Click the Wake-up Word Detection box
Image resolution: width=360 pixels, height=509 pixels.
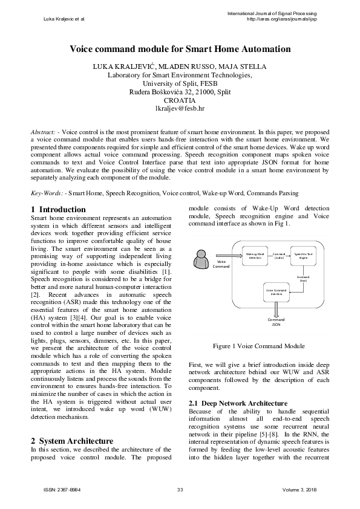coord(254,256)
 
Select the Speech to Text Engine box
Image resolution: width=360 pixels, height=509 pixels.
coord(303,256)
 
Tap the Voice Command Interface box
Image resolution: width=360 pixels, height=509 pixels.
coord(276,292)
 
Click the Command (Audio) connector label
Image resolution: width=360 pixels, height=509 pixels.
coord(279,256)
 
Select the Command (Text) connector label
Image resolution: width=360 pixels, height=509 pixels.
coord(303,278)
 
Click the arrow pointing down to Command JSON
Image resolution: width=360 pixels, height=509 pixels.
coord(276,308)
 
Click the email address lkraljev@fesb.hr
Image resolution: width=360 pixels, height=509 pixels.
coord(180,109)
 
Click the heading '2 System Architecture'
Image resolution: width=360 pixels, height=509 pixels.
coord(71,441)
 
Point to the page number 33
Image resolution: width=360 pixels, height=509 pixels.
coord(180,489)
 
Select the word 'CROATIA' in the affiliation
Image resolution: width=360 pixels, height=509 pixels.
coord(180,101)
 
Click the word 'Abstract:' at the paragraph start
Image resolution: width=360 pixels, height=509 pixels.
coord(45,131)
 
